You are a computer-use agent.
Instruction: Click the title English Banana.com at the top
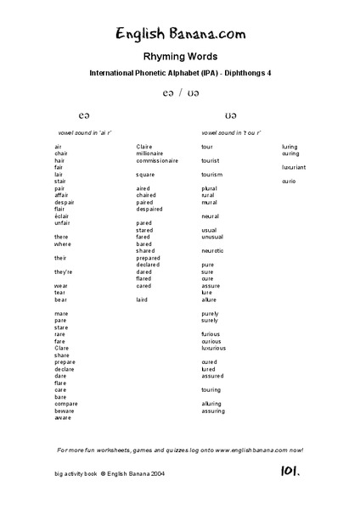click(181, 35)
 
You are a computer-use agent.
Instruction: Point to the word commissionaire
click(157, 159)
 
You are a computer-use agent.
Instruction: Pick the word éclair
click(61, 215)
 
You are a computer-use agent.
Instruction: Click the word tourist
click(211, 159)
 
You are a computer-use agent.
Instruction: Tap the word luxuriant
click(294, 167)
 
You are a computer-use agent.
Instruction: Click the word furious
click(211, 334)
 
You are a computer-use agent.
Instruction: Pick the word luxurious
click(214, 348)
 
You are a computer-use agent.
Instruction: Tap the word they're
click(63, 271)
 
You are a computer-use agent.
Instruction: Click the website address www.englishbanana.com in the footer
click(239, 449)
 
